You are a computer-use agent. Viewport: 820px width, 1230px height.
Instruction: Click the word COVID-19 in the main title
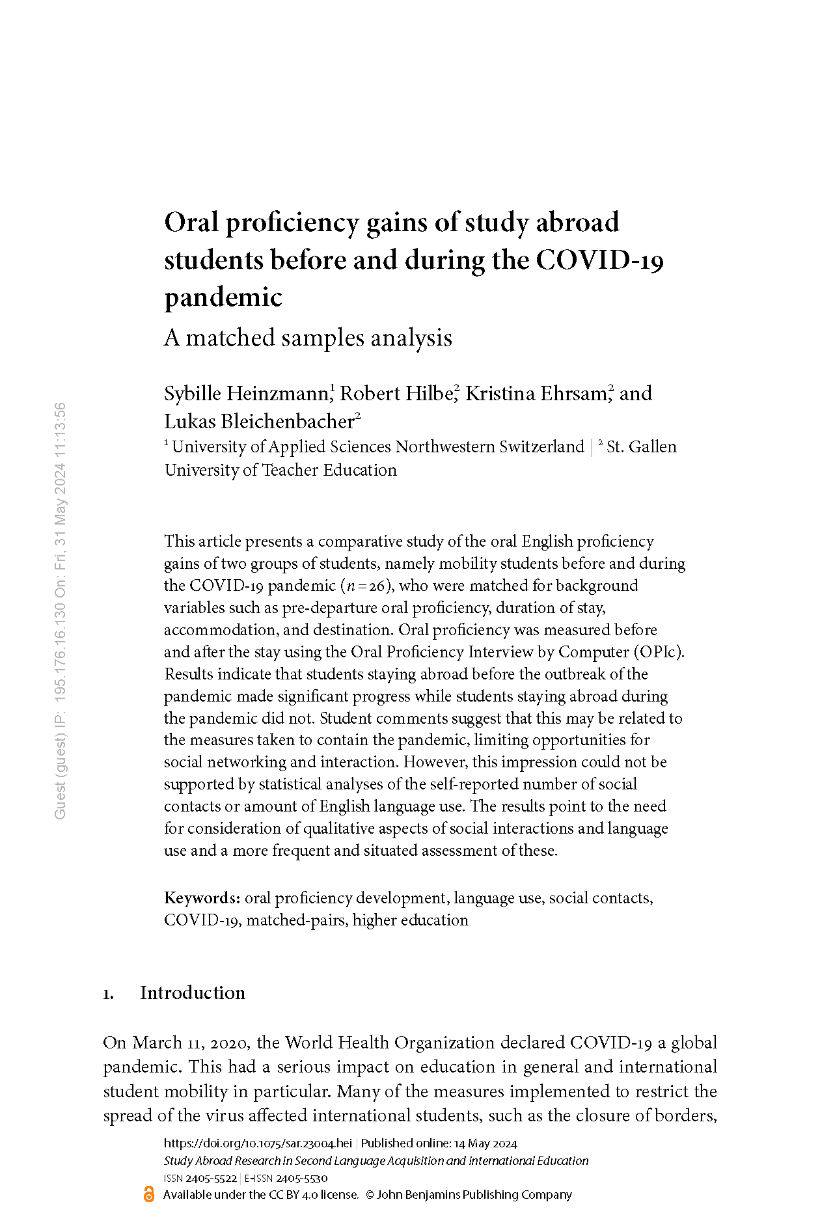click(x=599, y=260)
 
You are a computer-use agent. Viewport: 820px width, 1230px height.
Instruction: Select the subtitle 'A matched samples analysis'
click(x=308, y=338)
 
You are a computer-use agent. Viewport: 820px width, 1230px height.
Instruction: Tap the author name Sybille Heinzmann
click(x=247, y=394)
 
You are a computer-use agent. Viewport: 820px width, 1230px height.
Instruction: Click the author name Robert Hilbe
click(x=396, y=394)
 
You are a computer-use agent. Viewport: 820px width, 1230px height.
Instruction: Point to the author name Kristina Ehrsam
click(x=536, y=394)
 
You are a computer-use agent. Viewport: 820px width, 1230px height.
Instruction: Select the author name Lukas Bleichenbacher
click(x=259, y=422)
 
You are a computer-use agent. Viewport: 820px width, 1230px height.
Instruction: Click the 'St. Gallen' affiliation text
click(x=641, y=447)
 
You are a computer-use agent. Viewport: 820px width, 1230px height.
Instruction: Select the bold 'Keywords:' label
click(x=202, y=898)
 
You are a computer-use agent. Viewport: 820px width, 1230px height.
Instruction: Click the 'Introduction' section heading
click(x=193, y=992)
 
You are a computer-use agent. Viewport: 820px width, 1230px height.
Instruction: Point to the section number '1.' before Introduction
click(x=109, y=994)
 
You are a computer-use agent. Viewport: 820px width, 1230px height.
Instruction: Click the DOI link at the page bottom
click(x=258, y=1143)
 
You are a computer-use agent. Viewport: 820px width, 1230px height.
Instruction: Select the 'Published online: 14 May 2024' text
click(x=439, y=1143)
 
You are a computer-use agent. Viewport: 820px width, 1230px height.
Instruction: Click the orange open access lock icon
click(x=149, y=1194)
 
